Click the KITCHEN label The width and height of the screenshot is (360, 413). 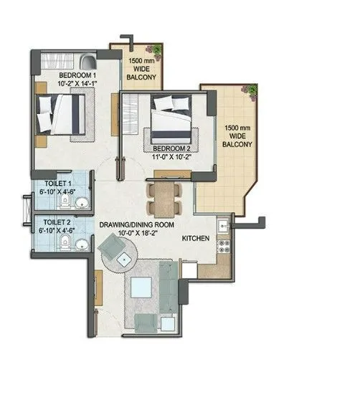coord(196,237)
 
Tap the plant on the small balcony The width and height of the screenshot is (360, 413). coord(154,47)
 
